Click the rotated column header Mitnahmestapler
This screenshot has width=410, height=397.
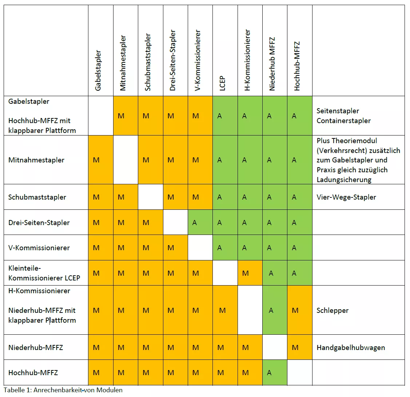click(123, 63)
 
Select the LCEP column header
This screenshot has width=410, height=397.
click(222, 83)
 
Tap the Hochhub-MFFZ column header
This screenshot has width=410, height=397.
click(297, 66)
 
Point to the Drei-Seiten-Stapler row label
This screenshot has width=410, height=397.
click(39, 223)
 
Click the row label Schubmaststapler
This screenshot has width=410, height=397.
click(37, 197)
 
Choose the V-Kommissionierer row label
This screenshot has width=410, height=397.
click(39, 248)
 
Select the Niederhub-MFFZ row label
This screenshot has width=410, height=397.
click(36, 347)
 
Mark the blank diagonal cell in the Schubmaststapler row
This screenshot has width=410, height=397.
click(150, 197)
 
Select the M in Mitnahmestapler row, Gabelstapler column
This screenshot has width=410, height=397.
click(96, 160)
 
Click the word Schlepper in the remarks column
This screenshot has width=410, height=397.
click(333, 310)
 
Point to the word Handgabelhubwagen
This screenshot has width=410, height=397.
click(351, 347)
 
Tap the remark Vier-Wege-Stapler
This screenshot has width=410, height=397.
click(346, 197)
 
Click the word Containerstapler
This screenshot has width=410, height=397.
click(343, 121)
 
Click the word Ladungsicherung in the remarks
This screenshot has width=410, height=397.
click(344, 180)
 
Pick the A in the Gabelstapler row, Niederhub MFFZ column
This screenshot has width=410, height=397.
click(269, 116)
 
